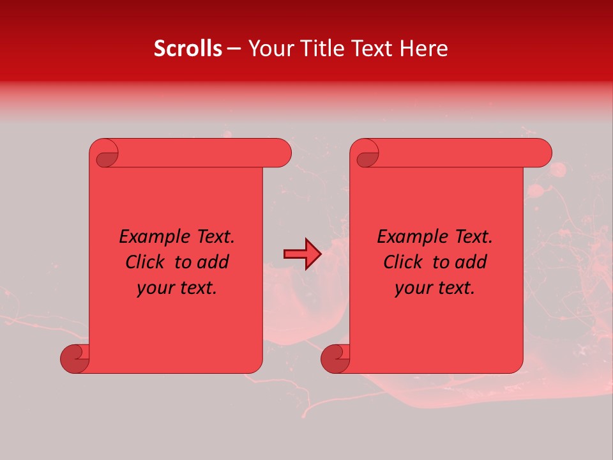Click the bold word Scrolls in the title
pos(188,49)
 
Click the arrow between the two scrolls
pos(302,254)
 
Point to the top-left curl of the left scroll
pos(106,155)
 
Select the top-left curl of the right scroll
pos(367,155)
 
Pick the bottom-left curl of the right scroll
pos(335,358)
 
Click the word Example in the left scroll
pos(150,237)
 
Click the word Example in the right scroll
pos(408,237)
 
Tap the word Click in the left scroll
pos(146,263)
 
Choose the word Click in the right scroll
pos(404,263)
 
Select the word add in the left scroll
pos(213,263)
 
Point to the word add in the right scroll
pos(471,263)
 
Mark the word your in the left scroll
pos(155,289)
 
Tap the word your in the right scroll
pos(412,289)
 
